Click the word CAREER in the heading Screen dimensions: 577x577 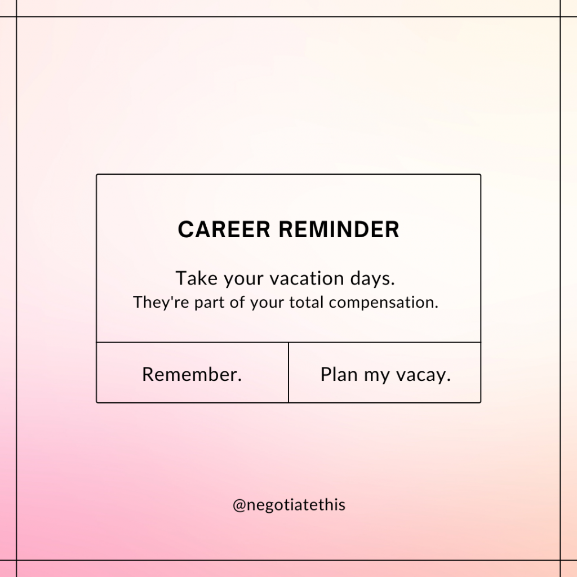click(x=224, y=229)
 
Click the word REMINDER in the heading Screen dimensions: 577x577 click(x=339, y=229)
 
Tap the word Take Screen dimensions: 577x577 click(x=197, y=278)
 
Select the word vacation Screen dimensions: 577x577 click(x=307, y=278)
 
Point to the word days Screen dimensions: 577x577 click(x=372, y=278)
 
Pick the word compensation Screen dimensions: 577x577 click(x=383, y=303)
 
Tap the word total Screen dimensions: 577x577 click(x=306, y=302)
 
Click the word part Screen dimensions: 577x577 click(x=210, y=303)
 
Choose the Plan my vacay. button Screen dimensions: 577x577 click(x=385, y=373)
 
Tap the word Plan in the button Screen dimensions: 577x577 click(x=339, y=374)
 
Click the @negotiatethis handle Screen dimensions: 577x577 click(x=289, y=505)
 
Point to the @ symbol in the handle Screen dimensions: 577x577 click(x=239, y=505)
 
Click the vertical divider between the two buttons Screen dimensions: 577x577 click(x=288, y=373)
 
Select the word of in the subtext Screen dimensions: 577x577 click(x=237, y=302)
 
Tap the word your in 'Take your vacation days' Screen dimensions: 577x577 click(x=243, y=279)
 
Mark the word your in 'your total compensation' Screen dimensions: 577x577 click(x=267, y=303)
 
